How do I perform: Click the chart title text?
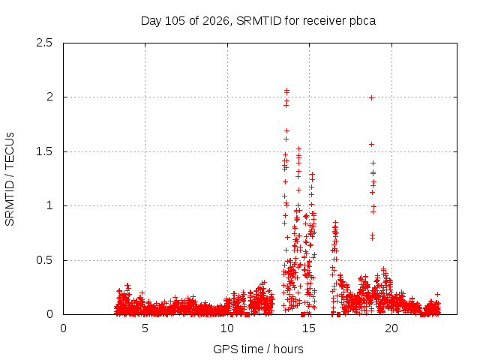coord(258,21)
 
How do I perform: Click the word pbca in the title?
coord(362,22)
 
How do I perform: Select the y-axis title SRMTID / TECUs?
coord(10,179)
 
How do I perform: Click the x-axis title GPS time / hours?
coord(258,349)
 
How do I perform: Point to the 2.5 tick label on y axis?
coord(44,43)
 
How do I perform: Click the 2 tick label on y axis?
coord(49,97)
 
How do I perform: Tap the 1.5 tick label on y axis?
coord(44,151)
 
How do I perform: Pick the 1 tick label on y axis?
coord(49,205)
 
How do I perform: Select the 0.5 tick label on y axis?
coord(44,260)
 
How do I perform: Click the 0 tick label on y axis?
coord(49,314)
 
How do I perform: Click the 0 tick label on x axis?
coord(63,328)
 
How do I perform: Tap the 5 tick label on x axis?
coord(145,328)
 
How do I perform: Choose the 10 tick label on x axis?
coord(227,328)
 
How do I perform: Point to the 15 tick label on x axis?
coord(309,328)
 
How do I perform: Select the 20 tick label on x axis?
coord(391,328)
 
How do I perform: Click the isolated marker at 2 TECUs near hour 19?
coord(372,98)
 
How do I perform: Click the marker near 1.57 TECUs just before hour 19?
coord(372,144)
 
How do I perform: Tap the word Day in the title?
coord(151,22)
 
